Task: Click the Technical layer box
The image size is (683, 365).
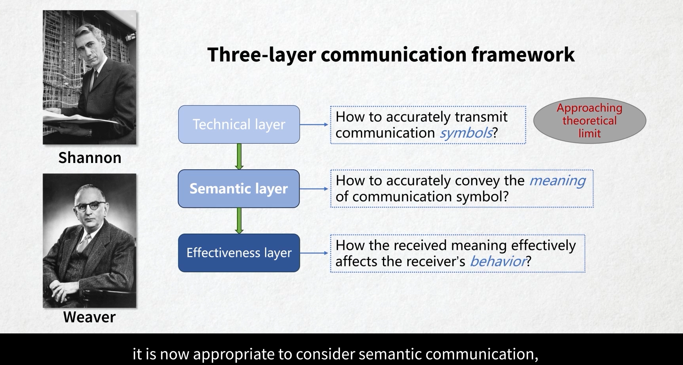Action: pos(239,124)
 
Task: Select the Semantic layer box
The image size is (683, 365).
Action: pos(239,189)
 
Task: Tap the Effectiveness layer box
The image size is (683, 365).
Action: pos(239,253)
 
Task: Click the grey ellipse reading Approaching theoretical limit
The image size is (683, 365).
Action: pos(590,120)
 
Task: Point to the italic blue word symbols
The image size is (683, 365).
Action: pos(466,133)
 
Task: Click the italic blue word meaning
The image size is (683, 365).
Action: pos(557,181)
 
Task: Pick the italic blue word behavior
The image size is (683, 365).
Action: pos(498,261)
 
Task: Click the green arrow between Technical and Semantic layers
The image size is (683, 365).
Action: pos(239,156)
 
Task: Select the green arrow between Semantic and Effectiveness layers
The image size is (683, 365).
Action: pos(239,221)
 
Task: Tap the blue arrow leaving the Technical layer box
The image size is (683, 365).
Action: pos(314,124)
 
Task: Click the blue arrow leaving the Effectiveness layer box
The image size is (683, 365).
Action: pos(314,253)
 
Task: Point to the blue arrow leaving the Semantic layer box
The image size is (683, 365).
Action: pos(314,189)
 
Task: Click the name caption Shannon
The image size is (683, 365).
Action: pos(90,158)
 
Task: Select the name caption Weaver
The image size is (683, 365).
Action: pos(90,317)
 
